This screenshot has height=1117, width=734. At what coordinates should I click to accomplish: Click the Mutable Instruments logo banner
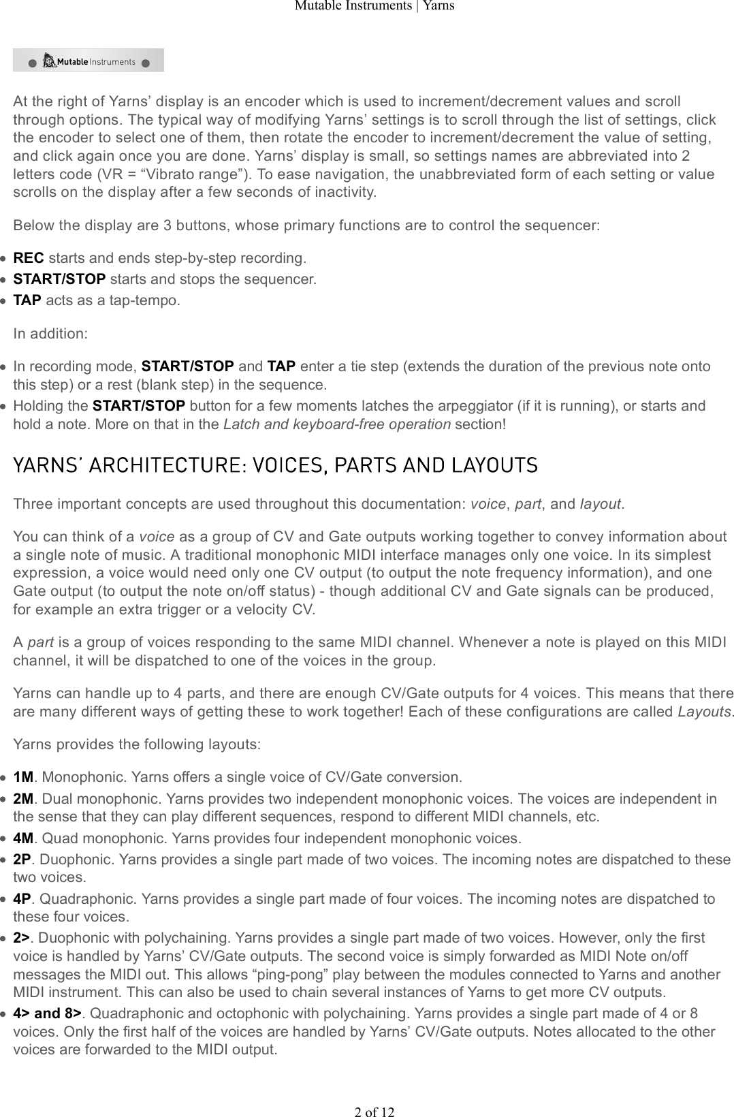pos(89,61)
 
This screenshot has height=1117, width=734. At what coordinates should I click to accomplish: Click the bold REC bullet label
pos(29,258)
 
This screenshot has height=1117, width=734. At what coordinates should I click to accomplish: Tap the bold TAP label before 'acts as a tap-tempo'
pos(27,300)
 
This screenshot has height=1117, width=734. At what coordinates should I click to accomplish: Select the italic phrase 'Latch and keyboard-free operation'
pos(336,424)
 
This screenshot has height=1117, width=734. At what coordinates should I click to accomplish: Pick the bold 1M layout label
pos(23,777)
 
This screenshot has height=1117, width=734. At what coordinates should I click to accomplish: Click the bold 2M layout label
pos(23,798)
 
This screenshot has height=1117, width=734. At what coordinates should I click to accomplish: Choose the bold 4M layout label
pos(23,838)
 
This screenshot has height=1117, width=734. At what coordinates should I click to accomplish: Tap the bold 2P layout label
pos(22,859)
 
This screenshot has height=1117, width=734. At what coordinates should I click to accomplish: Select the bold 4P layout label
pos(22,899)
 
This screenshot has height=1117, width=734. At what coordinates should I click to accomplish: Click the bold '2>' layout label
pos(22,937)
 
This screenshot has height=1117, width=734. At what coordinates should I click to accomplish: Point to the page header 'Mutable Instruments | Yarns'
pos(374,6)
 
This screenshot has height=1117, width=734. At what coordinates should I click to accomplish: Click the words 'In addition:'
pos(50,334)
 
